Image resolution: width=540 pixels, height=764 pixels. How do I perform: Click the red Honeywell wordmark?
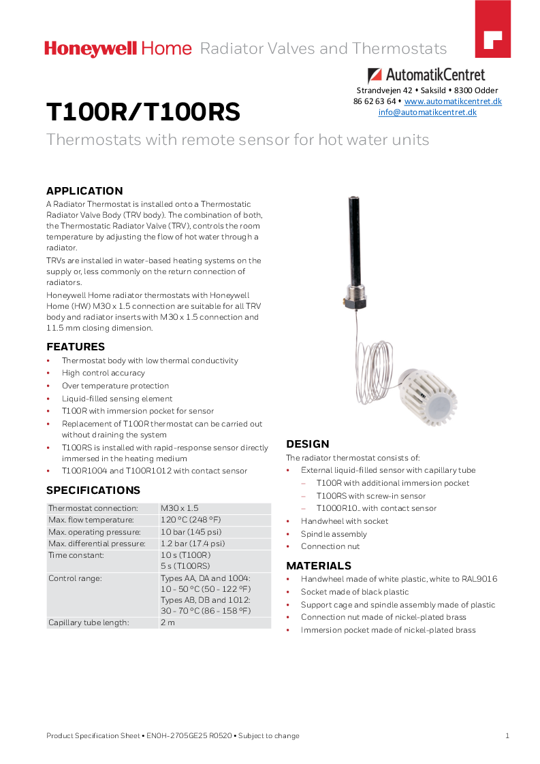pos(91,48)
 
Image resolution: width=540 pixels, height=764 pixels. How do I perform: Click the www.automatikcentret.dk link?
pos(453,101)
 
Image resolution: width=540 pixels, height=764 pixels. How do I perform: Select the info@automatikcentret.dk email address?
pos(427,112)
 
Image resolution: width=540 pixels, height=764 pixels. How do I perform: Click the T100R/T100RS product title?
pos(143,112)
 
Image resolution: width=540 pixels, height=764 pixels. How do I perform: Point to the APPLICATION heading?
pos(84,191)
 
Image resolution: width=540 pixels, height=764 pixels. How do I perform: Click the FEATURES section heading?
pos(76,347)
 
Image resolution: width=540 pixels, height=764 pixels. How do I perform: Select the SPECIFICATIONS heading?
pos(93,491)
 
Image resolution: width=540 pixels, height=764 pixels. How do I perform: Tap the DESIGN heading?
pos(308,444)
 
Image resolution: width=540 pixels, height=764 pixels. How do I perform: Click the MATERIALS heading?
pos(319,566)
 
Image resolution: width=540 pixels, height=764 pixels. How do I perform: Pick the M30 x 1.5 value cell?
pos(180,508)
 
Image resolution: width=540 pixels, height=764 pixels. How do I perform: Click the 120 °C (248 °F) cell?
pos(191,520)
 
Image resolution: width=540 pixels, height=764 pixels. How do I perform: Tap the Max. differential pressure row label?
pos(97,544)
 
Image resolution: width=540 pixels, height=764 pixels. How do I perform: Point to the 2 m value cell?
pos(168,622)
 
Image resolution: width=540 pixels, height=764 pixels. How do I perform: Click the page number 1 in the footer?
pos(507,735)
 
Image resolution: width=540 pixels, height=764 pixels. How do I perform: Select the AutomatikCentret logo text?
pos(436,75)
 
